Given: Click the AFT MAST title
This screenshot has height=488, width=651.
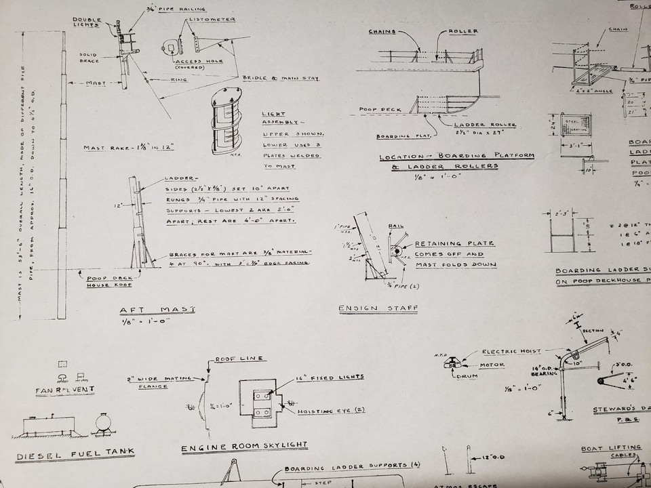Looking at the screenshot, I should [157, 309].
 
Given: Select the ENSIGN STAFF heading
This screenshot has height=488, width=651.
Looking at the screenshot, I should [378, 308].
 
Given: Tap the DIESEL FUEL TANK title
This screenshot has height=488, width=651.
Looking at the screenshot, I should [75, 453].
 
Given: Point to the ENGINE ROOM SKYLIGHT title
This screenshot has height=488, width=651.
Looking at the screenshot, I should [243, 447].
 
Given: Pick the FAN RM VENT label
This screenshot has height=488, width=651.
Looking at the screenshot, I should [65, 390].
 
